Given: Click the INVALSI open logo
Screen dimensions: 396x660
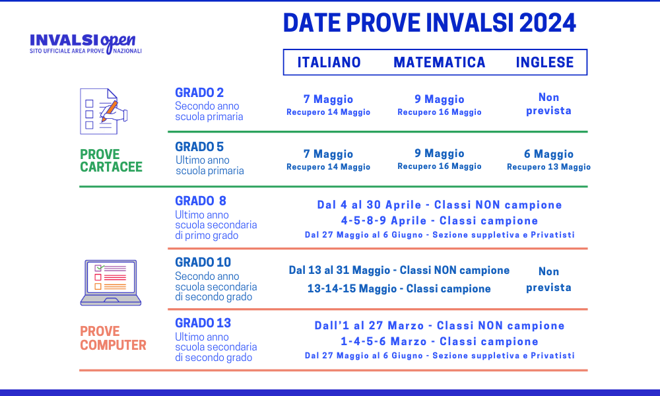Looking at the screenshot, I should pyautogui.click(x=86, y=43).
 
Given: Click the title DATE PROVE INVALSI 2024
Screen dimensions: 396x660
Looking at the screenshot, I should pyautogui.click(x=430, y=23).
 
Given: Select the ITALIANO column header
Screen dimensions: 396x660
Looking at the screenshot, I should pyautogui.click(x=329, y=62).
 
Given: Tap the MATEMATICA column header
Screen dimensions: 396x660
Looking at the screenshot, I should pyautogui.click(x=440, y=62).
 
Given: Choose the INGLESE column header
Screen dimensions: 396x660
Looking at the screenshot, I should pyautogui.click(x=544, y=62).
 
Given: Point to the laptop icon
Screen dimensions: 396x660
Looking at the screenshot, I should pyautogui.click(x=111, y=282).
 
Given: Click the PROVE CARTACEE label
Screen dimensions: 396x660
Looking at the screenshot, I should pyautogui.click(x=111, y=161).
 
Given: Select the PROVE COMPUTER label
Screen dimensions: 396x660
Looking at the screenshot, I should pyautogui.click(x=113, y=338).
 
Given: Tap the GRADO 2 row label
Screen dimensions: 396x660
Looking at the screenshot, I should pyautogui.click(x=199, y=92).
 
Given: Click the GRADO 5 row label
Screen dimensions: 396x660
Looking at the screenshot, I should pyautogui.click(x=199, y=147).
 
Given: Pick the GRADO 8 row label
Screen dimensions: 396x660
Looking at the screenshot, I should pyautogui.click(x=201, y=201).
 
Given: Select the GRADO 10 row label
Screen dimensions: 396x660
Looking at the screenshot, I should pyautogui.click(x=203, y=262).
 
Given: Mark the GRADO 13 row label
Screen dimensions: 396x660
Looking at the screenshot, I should pyautogui.click(x=203, y=323).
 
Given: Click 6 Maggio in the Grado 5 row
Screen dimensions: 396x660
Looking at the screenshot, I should pyautogui.click(x=548, y=154).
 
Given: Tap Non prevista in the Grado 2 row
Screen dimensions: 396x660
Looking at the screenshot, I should pyautogui.click(x=548, y=104).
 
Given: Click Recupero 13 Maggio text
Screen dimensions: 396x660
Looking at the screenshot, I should pyautogui.click(x=548, y=167).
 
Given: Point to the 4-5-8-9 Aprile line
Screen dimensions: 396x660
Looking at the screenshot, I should pyautogui.click(x=439, y=220).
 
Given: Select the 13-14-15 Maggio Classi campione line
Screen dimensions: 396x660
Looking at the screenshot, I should pyautogui.click(x=399, y=288).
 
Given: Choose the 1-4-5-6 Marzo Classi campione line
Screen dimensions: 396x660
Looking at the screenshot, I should pyautogui.click(x=439, y=341).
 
